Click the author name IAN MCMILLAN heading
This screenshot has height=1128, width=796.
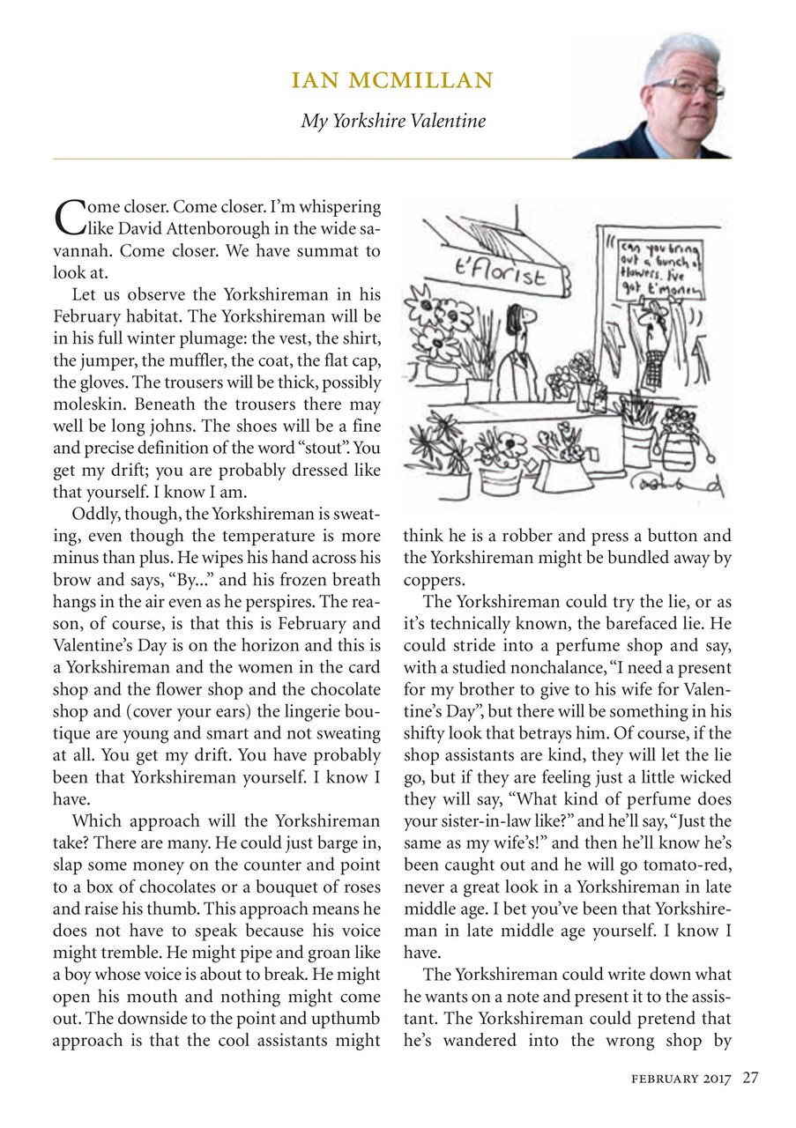tap(393, 82)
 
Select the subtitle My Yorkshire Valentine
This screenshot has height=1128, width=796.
tap(393, 121)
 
